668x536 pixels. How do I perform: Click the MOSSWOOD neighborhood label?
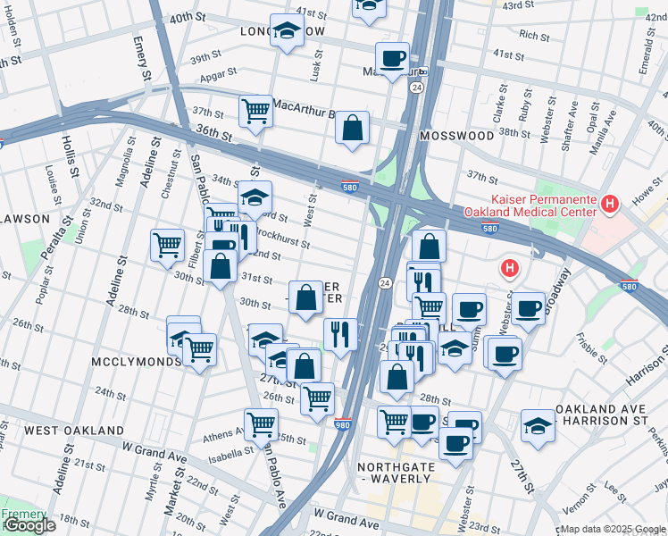456,136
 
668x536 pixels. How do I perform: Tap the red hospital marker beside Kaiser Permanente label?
610,205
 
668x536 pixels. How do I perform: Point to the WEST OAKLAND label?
73,431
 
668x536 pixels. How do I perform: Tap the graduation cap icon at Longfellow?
287,33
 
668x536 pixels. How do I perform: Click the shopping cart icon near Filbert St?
168,245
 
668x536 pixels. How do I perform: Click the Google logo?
29,526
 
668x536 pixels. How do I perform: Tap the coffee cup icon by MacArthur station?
391,59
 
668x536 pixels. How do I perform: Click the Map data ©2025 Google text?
614,529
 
